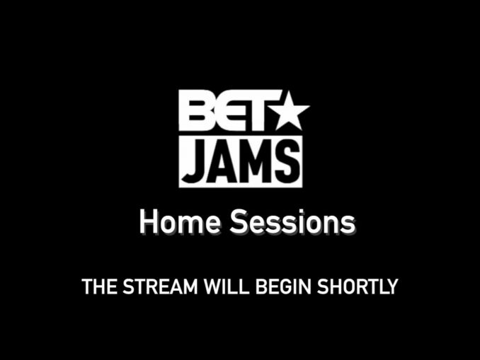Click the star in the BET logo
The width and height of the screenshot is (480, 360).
point(291,112)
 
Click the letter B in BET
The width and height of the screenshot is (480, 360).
point(195,111)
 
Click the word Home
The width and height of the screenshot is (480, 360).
point(180,221)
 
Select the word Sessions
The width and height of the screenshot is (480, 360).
point(293,221)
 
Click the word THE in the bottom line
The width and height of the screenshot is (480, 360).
point(100,286)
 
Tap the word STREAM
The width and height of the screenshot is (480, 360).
point(160,286)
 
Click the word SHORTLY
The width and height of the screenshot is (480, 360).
point(358,286)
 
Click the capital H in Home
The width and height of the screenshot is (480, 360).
point(149,222)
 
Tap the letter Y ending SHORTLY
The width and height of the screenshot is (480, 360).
point(392,286)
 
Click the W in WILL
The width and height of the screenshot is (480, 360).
point(214,286)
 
